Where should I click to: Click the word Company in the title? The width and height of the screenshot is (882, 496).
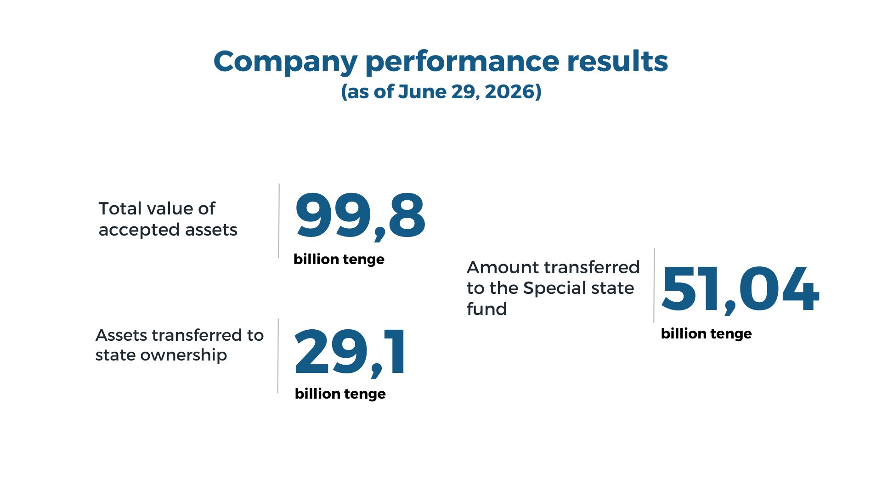point(285,62)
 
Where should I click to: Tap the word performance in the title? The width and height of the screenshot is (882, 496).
point(462,62)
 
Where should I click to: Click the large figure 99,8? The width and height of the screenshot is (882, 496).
point(361,216)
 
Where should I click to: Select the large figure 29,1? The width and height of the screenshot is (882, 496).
point(350,352)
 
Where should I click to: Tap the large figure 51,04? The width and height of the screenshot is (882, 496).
point(740,290)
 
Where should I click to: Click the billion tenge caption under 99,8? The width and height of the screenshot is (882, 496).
point(339,259)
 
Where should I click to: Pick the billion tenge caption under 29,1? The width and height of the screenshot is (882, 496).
point(340,394)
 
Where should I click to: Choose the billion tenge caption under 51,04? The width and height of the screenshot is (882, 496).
point(707,334)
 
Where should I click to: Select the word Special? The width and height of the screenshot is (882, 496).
point(555,288)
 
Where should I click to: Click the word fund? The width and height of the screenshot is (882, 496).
point(487,309)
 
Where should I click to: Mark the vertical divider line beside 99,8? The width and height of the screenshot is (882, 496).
point(279,221)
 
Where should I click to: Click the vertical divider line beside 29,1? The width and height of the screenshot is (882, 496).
point(278,356)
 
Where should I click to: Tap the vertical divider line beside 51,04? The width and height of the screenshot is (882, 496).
point(654,285)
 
